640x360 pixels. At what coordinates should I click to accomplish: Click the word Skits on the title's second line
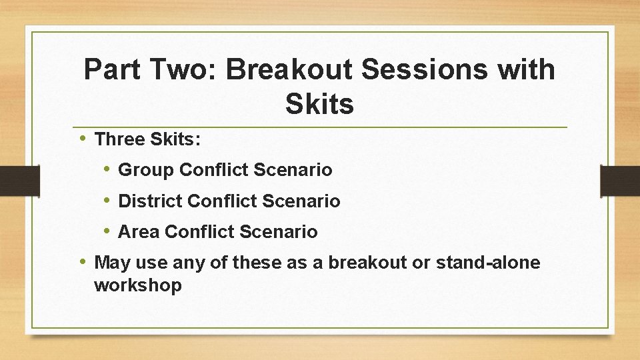[x=319, y=104]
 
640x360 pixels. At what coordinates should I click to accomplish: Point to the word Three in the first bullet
[x=120, y=139]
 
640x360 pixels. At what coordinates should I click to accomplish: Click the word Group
[x=146, y=170]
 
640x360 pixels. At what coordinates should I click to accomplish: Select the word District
[x=150, y=201]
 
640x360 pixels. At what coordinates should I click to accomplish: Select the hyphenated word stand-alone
[x=488, y=263]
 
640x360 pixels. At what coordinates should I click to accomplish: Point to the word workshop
[x=138, y=286]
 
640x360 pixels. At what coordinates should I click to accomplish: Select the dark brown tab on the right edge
[x=620, y=181]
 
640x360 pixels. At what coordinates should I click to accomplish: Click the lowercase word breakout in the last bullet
[x=368, y=263]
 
